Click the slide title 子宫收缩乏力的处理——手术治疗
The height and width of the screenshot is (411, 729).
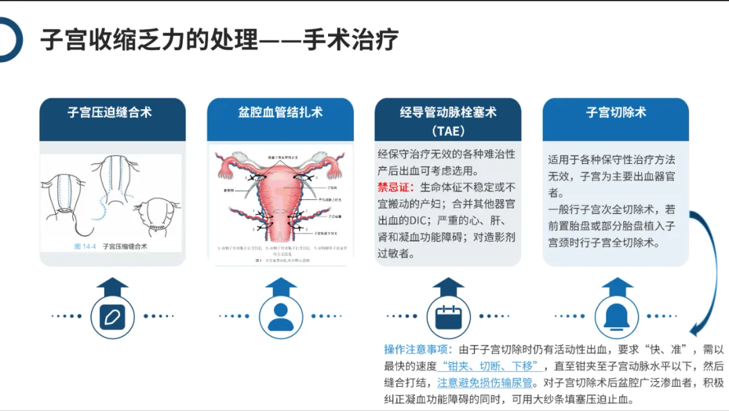(219, 40)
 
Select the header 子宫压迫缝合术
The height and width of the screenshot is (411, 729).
(112, 113)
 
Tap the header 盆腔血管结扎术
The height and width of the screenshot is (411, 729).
(280, 113)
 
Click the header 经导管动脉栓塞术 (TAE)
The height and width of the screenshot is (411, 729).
(448, 120)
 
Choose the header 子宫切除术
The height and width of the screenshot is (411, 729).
(616, 113)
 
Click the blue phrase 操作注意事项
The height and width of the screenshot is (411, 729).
(416, 349)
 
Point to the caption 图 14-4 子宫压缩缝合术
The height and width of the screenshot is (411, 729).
(111, 246)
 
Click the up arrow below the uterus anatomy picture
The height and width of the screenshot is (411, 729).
(280, 286)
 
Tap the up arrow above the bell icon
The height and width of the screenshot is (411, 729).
(616, 286)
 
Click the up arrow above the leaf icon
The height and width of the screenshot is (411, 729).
(113, 286)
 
